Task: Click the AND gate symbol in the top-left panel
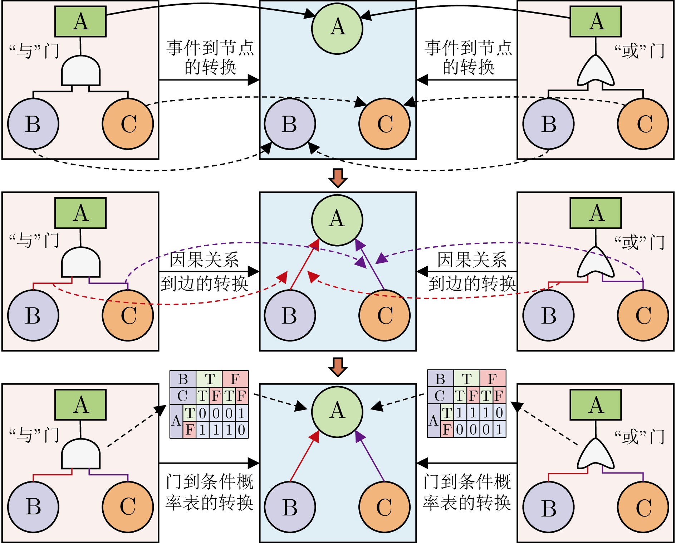pyautogui.click(x=81, y=71)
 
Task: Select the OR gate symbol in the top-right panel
pyautogui.click(x=596, y=72)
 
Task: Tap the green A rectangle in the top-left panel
pyautogui.click(x=80, y=21)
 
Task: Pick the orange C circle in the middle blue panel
pyautogui.click(x=384, y=315)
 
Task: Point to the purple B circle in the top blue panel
pyautogui.click(x=290, y=123)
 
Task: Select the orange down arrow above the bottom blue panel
pyautogui.click(x=338, y=367)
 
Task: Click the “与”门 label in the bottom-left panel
pyautogui.click(x=34, y=435)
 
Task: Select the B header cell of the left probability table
pyautogui.click(x=183, y=379)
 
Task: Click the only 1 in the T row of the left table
pyautogui.click(x=242, y=413)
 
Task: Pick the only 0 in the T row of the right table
pyautogui.click(x=499, y=413)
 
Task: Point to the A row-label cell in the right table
pyautogui.click(x=433, y=421)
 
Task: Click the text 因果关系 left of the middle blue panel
pyautogui.click(x=204, y=260)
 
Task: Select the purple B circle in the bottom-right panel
pyautogui.click(x=548, y=507)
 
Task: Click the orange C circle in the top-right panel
pyautogui.click(x=643, y=123)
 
